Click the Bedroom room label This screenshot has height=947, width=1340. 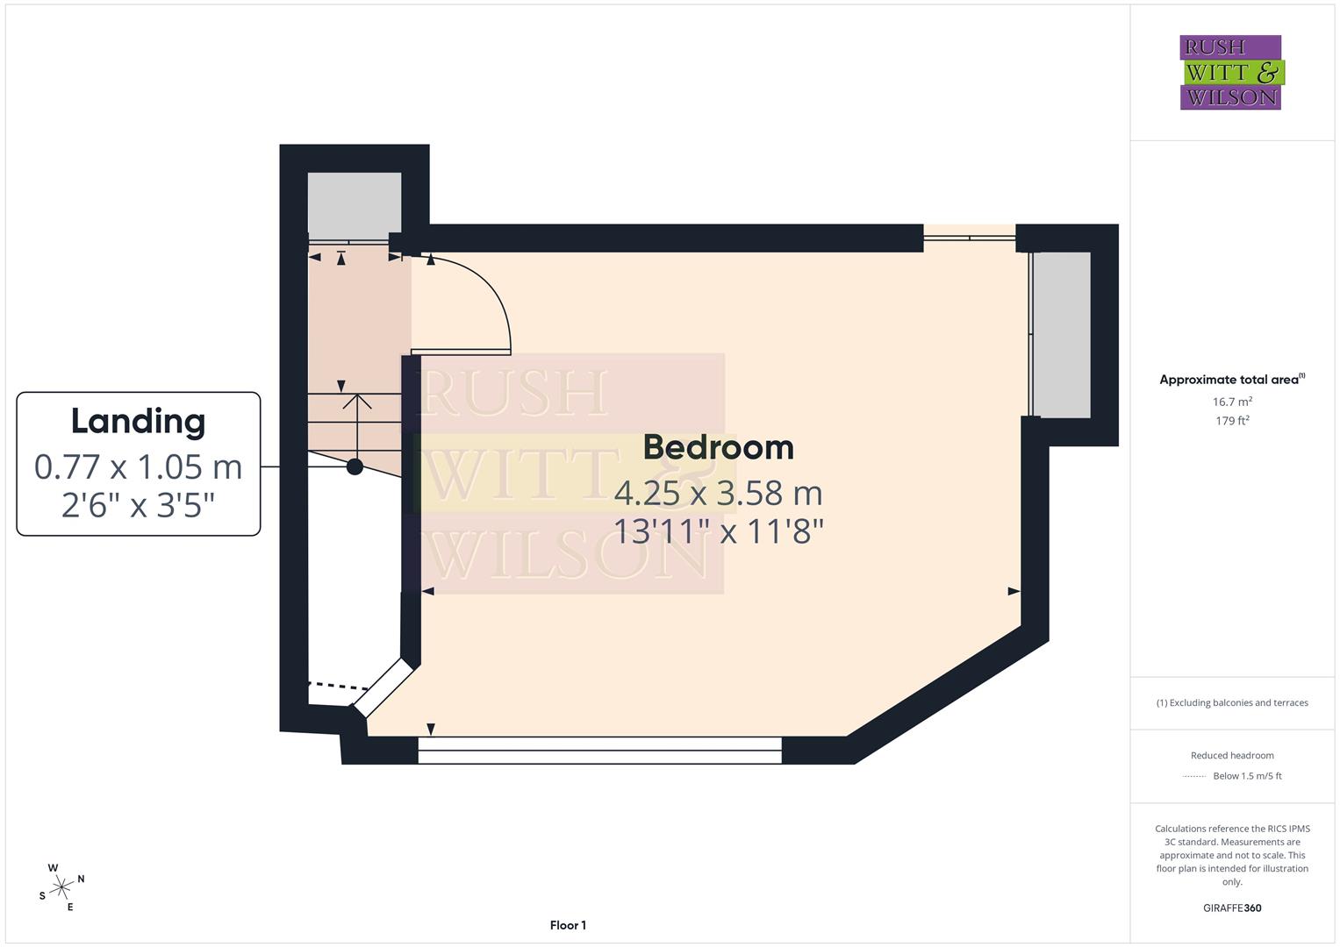(x=719, y=448)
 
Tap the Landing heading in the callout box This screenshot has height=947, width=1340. (x=138, y=422)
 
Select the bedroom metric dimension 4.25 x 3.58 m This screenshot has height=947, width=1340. (x=719, y=493)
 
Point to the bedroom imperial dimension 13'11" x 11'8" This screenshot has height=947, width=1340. (x=719, y=530)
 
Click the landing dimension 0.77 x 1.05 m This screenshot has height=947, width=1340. (x=138, y=466)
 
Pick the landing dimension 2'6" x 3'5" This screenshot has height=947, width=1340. (x=138, y=505)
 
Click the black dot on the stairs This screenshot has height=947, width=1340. (x=355, y=466)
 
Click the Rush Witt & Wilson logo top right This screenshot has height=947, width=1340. (x=1232, y=72)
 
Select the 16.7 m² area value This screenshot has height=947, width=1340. (x=1232, y=402)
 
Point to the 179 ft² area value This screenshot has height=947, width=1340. (x=1232, y=420)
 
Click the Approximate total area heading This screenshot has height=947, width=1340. (x=1232, y=379)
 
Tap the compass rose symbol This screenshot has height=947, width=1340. (x=61, y=887)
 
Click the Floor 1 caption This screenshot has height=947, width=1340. (x=568, y=925)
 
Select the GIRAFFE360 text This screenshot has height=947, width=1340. (x=1232, y=908)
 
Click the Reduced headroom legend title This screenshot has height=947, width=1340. (x=1232, y=755)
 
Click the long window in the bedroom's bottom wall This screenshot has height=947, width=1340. (x=599, y=751)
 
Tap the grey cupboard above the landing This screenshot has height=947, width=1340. (x=355, y=207)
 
